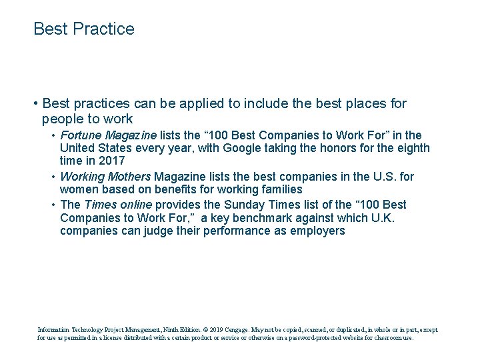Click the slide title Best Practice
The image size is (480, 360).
[x=84, y=29]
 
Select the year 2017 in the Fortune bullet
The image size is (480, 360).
[x=112, y=161]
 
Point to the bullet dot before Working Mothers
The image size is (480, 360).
[x=53, y=177]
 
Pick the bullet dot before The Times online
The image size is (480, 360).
[x=53, y=205]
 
